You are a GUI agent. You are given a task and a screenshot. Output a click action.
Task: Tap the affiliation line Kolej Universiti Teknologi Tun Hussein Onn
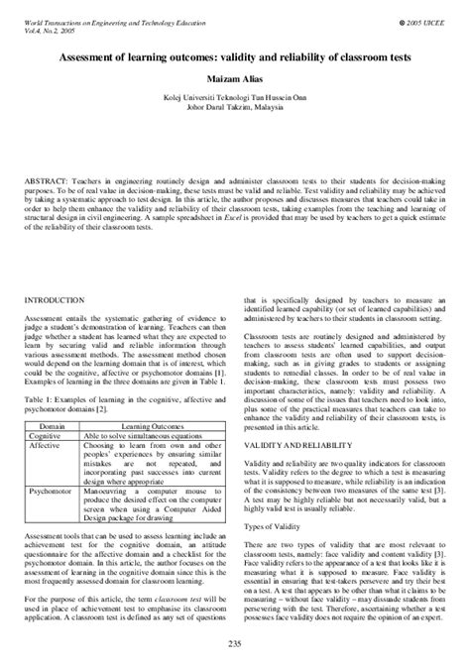[235, 100]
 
